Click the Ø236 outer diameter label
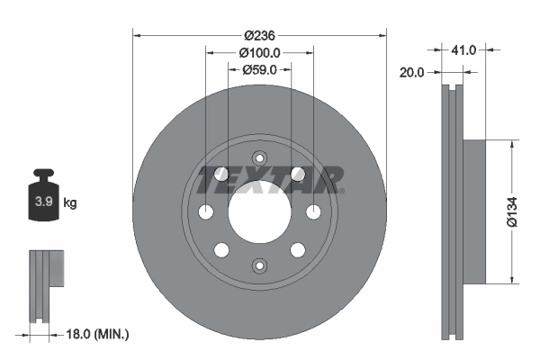pyautogui.click(x=260, y=35)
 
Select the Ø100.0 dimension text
pyautogui.click(x=260, y=53)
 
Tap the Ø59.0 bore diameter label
pyautogui.click(x=260, y=70)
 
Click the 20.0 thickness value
pyautogui.click(x=411, y=74)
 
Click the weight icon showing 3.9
pyautogui.click(x=44, y=200)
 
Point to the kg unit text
pyautogui.click(x=70, y=203)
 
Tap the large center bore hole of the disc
pyautogui.click(x=259, y=211)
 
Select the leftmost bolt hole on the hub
pyautogui.click(x=206, y=211)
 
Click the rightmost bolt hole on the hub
pyautogui.click(x=313, y=211)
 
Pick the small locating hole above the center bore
pyautogui.click(x=259, y=157)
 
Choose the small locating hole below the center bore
pyautogui.click(x=259, y=265)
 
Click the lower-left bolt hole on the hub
pyautogui.click(x=221, y=249)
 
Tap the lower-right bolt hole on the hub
pyautogui.click(x=297, y=249)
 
